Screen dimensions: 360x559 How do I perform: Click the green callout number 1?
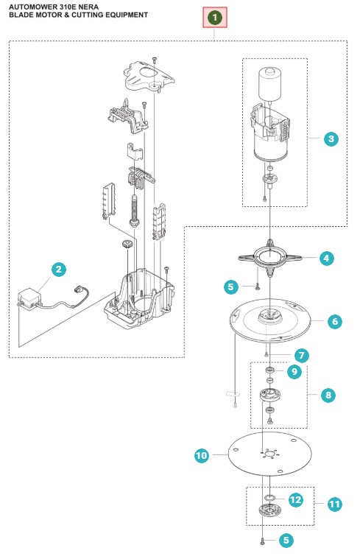click(214, 17)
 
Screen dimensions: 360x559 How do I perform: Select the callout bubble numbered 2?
click(59, 269)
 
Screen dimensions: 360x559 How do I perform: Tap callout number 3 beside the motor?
click(331, 138)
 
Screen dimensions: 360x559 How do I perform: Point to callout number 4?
click(326, 258)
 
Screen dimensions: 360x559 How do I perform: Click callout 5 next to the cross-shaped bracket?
click(230, 286)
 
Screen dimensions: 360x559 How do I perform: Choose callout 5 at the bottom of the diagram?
click(286, 540)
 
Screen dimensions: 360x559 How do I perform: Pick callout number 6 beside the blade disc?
click(335, 321)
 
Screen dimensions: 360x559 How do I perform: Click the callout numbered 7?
click(302, 355)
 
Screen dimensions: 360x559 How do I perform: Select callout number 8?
click(328, 395)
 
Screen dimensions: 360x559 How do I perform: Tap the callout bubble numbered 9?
click(294, 371)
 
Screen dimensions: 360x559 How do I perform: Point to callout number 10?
click(202, 455)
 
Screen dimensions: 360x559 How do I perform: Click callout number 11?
click(334, 504)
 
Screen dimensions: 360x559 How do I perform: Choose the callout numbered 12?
click(295, 499)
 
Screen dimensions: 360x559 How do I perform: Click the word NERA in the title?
click(89, 7)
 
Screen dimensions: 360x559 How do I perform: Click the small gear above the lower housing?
click(127, 245)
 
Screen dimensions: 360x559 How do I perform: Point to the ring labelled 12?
click(270, 497)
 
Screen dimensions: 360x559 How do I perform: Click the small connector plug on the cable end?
click(78, 289)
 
